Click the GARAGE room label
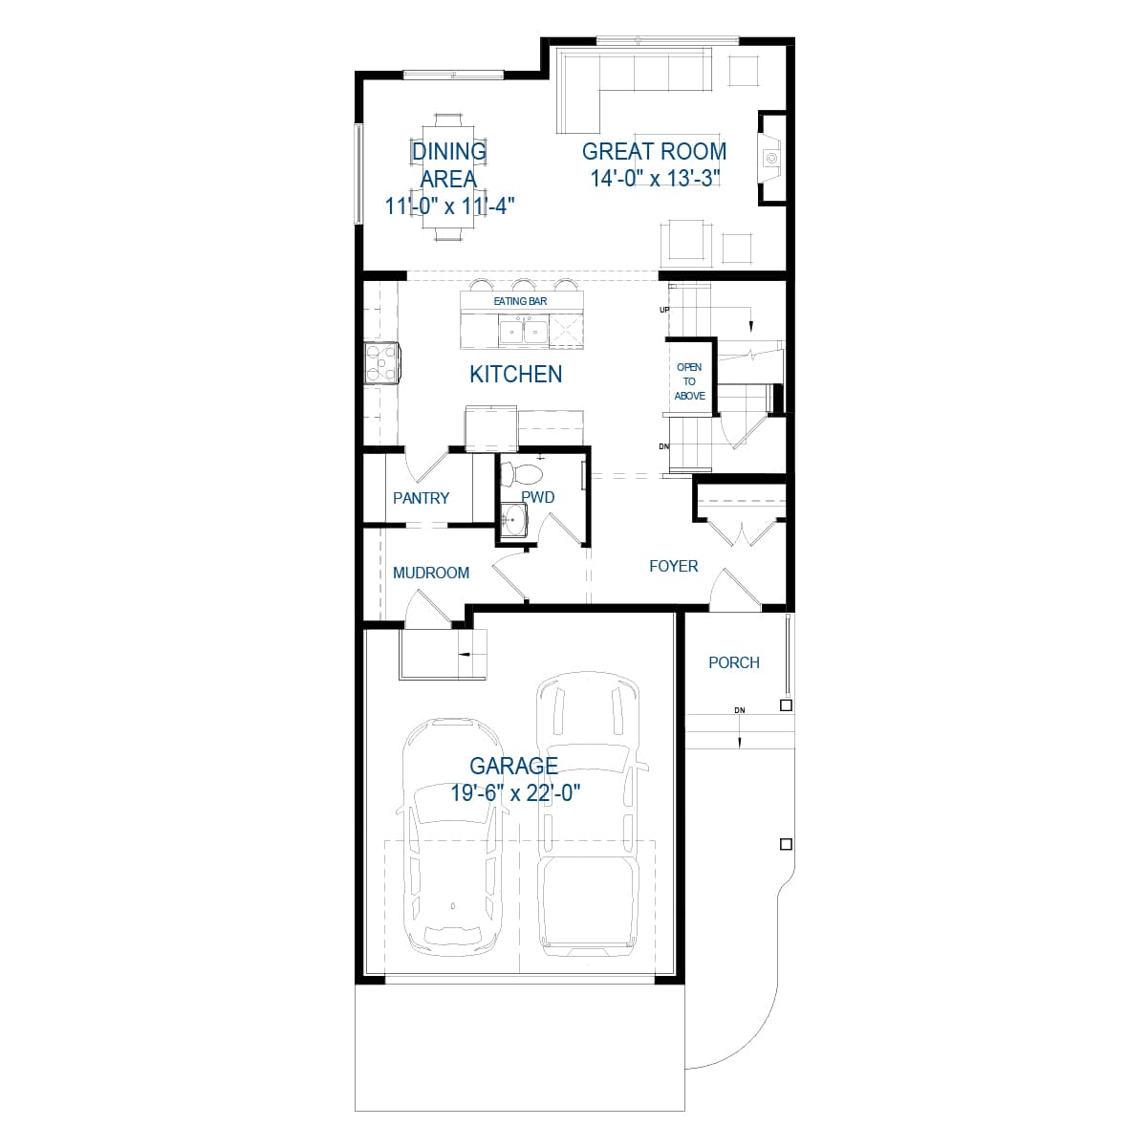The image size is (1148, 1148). point(513,766)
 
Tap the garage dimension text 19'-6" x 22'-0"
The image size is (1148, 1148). point(515,792)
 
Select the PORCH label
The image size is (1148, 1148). point(734,662)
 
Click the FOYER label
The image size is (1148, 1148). point(673,566)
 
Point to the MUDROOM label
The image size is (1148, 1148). point(431,573)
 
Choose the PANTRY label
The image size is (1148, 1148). point(421,498)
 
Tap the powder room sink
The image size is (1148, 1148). point(513,522)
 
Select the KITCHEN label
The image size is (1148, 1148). point(515,375)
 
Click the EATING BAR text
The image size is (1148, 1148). point(520,302)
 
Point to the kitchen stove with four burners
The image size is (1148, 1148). point(382,363)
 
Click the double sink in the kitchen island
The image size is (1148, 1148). point(522,333)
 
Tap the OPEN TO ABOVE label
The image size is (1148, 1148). point(689,381)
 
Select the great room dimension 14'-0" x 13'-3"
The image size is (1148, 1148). point(654,178)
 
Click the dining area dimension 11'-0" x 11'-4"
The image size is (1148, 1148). point(449,206)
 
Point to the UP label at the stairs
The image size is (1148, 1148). point(664,310)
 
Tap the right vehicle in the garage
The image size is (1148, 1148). point(587,812)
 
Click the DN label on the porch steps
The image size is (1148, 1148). point(739,710)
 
